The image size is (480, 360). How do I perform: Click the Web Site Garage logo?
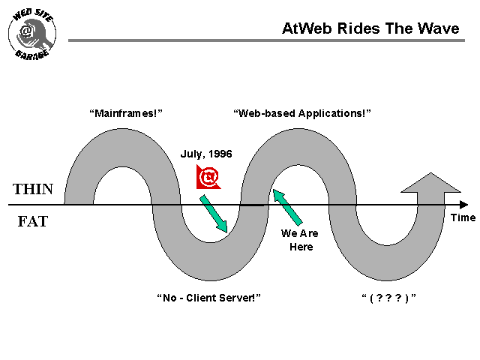[32, 34]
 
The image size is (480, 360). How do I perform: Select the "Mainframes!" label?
[126, 113]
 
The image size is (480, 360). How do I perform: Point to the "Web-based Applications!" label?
[302, 113]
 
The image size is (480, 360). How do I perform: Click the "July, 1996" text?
[206, 154]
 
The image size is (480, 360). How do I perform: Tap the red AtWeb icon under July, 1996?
[208, 178]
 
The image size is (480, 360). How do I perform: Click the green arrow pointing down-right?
[214, 213]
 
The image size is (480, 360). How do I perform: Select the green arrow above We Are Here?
[287, 206]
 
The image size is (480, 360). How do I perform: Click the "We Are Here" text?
[299, 240]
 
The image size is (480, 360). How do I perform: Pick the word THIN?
[33, 190]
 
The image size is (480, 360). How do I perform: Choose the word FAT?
[32, 222]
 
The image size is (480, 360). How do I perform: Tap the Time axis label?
[463, 217]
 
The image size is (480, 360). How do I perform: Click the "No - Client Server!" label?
[208, 298]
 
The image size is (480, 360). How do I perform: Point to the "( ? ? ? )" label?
[388, 298]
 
